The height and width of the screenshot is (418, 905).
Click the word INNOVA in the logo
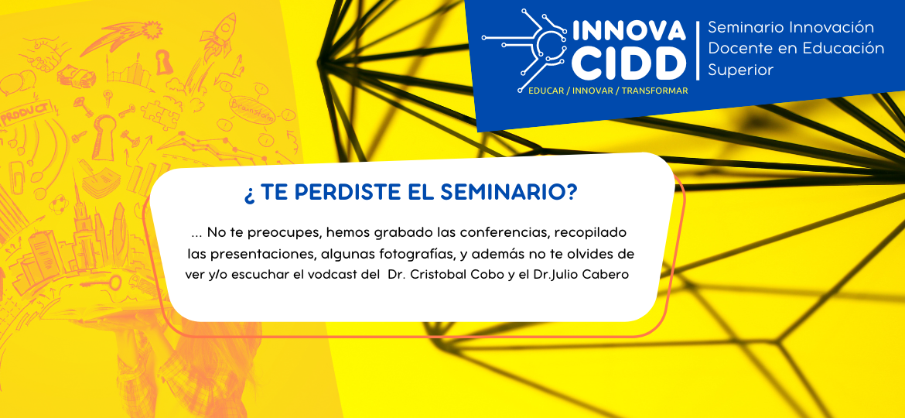629,31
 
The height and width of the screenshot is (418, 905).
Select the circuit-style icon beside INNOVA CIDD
526,47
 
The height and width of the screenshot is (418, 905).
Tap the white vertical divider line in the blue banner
697,50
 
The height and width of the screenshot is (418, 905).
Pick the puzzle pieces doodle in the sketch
160,112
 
